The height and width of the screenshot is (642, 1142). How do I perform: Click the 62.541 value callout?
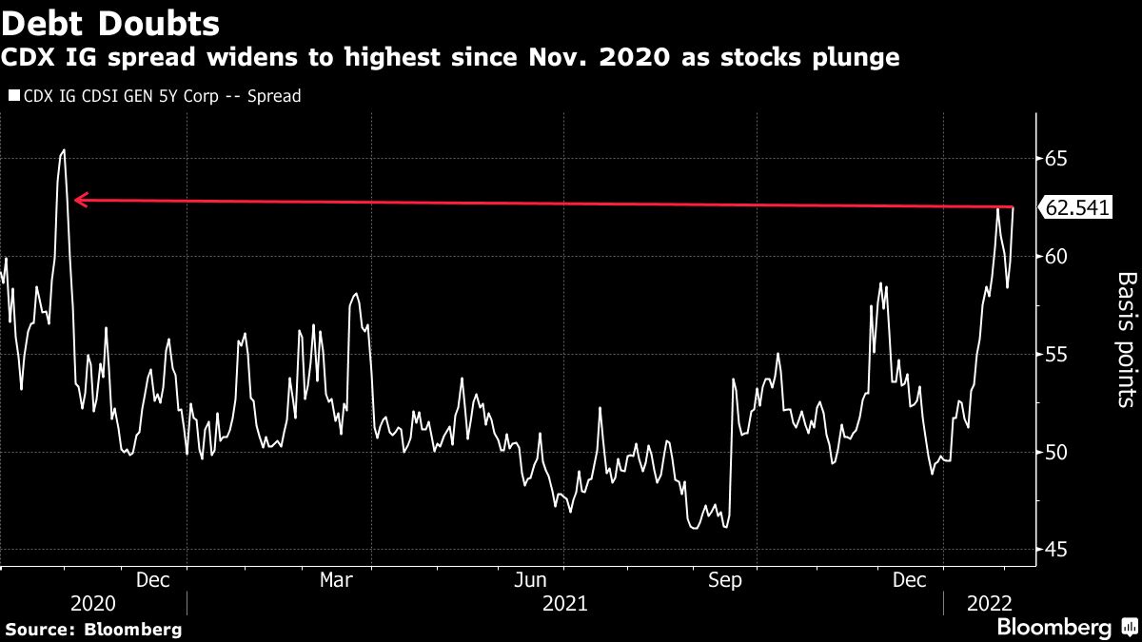coord(1077,207)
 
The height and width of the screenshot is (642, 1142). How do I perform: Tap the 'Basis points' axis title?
coord(1125,340)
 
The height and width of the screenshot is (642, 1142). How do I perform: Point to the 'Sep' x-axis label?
coord(726,579)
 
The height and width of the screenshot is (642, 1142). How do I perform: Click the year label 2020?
coord(93,603)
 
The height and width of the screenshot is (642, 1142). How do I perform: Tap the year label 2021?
coord(565,603)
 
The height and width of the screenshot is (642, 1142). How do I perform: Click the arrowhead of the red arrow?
coord(78,200)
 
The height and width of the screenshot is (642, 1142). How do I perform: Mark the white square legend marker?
coord(13,96)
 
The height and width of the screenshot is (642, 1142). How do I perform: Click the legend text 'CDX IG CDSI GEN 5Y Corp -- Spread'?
coord(162,96)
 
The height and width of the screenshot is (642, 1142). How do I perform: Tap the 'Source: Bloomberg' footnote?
coord(93,629)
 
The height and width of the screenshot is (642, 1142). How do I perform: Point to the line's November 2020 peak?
coord(64,149)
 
